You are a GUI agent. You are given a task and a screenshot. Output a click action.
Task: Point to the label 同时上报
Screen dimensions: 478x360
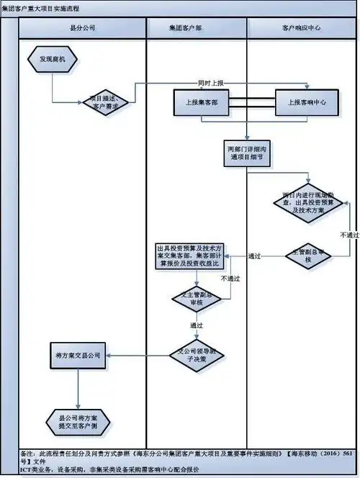(x=213, y=81)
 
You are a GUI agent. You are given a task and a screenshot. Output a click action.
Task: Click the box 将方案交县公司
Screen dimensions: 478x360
(x=78, y=355)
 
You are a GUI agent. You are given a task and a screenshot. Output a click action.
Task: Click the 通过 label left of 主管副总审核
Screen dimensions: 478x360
(x=254, y=256)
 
